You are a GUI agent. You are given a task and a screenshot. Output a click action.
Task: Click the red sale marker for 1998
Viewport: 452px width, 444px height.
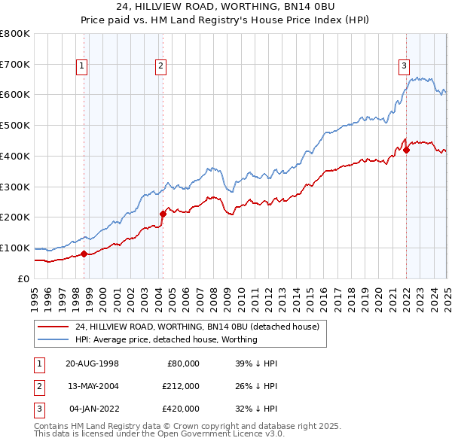(x=84, y=254)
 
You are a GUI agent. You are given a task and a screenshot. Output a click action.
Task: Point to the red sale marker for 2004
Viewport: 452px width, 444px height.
(x=163, y=214)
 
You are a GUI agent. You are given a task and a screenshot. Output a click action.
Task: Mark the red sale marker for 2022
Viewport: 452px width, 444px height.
(x=406, y=150)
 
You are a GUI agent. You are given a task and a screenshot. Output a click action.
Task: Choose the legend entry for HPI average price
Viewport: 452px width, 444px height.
(x=166, y=339)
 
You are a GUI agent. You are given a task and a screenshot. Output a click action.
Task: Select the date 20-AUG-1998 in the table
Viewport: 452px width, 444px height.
(x=92, y=363)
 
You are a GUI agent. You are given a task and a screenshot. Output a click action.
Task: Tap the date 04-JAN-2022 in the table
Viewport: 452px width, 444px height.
(x=93, y=410)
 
